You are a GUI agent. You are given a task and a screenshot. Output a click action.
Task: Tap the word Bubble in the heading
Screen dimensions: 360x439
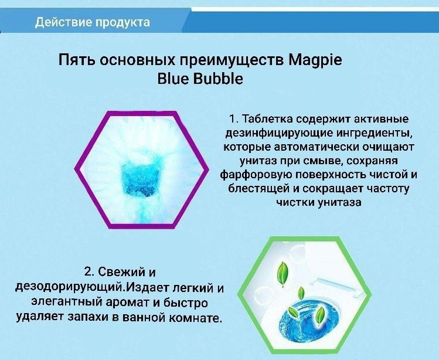[216, 79]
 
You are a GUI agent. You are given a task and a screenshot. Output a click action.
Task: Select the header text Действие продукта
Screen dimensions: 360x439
[92, 22]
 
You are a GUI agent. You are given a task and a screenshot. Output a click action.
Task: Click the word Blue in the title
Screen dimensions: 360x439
[173, 79]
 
